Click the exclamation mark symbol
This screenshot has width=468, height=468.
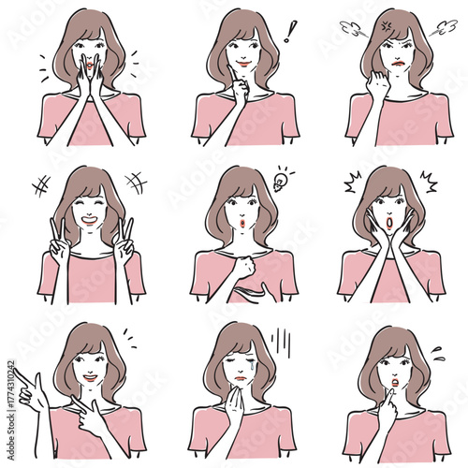(x=290, y=30)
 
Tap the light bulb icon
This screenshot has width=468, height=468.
(x=278, y=179)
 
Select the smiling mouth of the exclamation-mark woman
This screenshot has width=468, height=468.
(x=243, y=64)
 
